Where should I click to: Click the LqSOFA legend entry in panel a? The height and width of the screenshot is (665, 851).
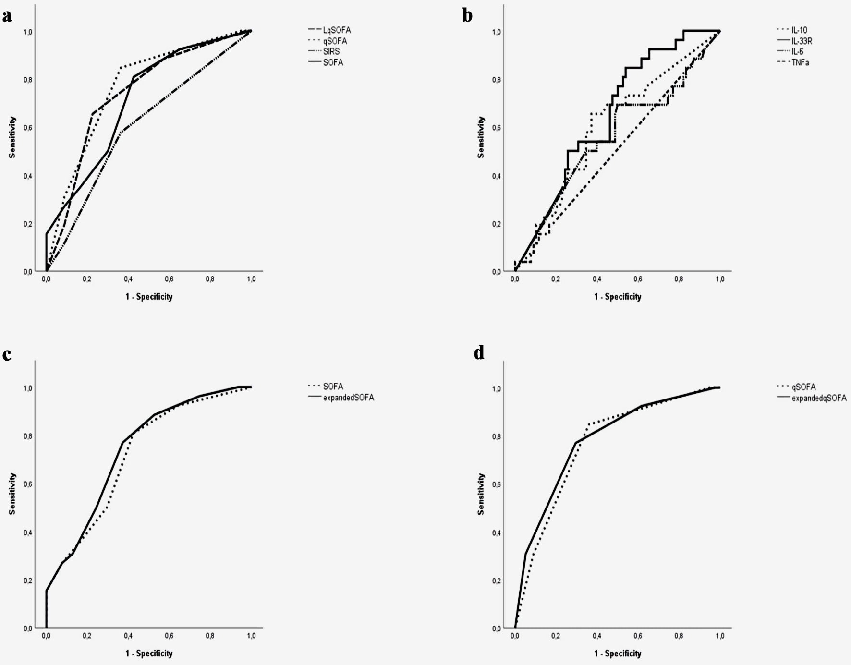pyautogui.click(x=337, y=30)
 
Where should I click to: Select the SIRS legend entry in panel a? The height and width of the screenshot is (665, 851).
pyautogui.click(x=331, y=51)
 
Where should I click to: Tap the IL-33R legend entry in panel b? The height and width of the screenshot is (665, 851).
pyautogui.click(x=802, y=41)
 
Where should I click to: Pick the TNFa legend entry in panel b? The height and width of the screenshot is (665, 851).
pyautogui.click(x=800, y=62)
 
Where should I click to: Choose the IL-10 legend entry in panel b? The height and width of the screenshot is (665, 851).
pyautogui.click(x=799, y=30)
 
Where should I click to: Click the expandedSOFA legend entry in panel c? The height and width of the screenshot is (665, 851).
pyautogui.click(x=348, y=398)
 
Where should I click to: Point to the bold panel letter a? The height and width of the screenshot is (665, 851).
pyautogui.click(x=7, y=16)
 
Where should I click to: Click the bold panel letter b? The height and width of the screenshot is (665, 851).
pyautogui.click(x=467, y=16)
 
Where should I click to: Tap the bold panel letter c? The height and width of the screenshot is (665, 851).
pyautogui.click(x=7, y=354)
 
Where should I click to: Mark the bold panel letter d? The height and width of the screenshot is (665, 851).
pyautogui.click(x=479, y=353)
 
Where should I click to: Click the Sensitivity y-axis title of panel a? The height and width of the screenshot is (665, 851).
pyautogui.click(x=12, y=137)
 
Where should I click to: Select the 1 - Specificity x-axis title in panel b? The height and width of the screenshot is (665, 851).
pyautogui.click(x=618, y=297)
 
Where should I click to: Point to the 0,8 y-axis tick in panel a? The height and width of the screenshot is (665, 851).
pyautogui.click(x=28, y=80)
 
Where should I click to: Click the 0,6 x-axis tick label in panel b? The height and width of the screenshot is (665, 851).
pyautogui.click(x=638, y=279)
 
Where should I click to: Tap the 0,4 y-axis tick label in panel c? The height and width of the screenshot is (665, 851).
pyautogui.click(x=28, y=532)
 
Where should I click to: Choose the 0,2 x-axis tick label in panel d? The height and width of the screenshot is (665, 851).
pyautogui.click(x=556, y=636)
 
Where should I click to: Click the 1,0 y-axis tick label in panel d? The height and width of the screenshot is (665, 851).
pyautogui.click(x=497, y=388)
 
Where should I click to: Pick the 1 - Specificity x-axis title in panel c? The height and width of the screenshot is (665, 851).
pyautogui.click(x=149, y=653)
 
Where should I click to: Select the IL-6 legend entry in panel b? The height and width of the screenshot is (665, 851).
pyautogui.click(x=797, y=51)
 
